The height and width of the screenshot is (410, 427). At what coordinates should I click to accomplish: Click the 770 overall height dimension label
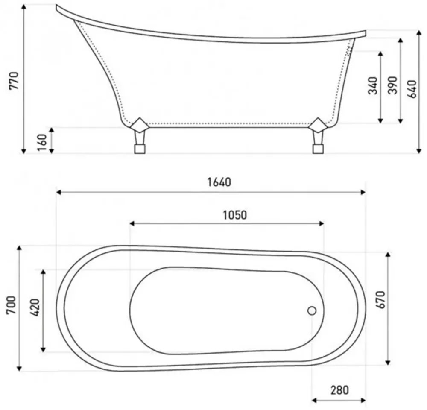14,81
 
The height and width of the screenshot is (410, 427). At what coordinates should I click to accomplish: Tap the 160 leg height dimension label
42,142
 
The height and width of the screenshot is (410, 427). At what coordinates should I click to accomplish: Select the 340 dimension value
373,85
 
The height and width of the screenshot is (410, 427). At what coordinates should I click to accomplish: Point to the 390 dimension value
392,85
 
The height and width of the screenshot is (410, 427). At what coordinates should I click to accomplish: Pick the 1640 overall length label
219,182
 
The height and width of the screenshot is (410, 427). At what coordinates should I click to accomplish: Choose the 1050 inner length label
235,215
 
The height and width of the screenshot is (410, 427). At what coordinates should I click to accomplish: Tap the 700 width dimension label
12,305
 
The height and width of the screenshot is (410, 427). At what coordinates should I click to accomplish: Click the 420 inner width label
35,308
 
